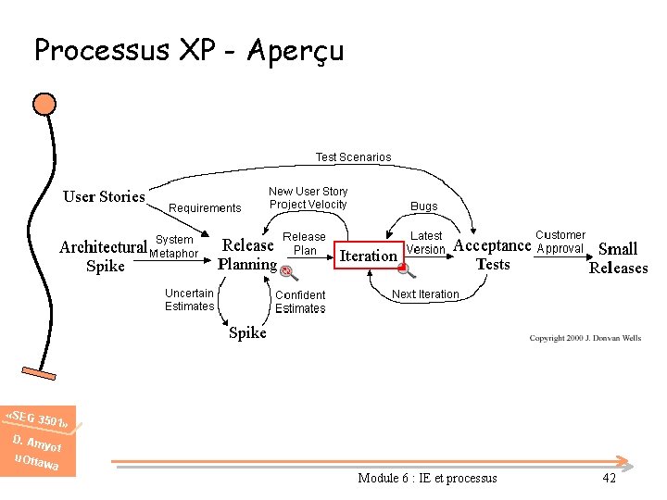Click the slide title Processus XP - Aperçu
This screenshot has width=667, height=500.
point(189,49)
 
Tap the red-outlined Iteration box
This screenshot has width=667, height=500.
point(369,256)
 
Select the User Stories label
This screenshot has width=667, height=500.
point(104,196)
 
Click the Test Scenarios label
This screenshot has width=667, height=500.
point(353,157)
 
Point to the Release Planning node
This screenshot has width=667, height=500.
point(247,255)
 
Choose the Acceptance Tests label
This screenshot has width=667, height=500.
point(492,255)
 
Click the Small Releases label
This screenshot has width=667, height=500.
point(618,258)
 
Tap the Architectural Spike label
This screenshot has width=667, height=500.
point(103,256)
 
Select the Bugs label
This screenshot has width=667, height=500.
point(424,206)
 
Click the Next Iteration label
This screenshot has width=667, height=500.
point(425,294)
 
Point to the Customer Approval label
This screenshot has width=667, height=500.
point(560,242)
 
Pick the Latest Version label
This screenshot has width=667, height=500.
point(426,243)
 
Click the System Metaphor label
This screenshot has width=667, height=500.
point(174,247)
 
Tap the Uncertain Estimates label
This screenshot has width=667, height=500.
point(189,300)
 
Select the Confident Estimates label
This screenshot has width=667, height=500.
point(300,302)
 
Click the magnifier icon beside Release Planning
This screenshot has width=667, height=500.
point(288,272)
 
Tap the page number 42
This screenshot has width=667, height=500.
point(609,478)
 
